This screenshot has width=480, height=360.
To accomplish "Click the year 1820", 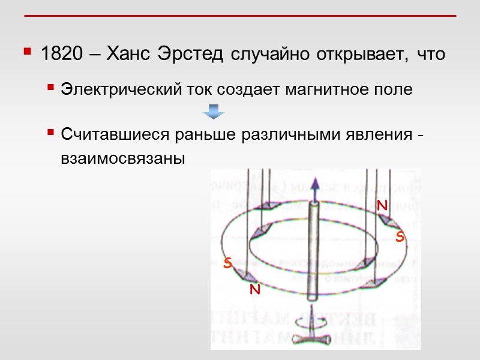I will coord(61,55).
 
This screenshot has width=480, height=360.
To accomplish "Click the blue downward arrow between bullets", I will coord(213,111).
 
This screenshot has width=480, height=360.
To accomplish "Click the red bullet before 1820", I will coord(27,53).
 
